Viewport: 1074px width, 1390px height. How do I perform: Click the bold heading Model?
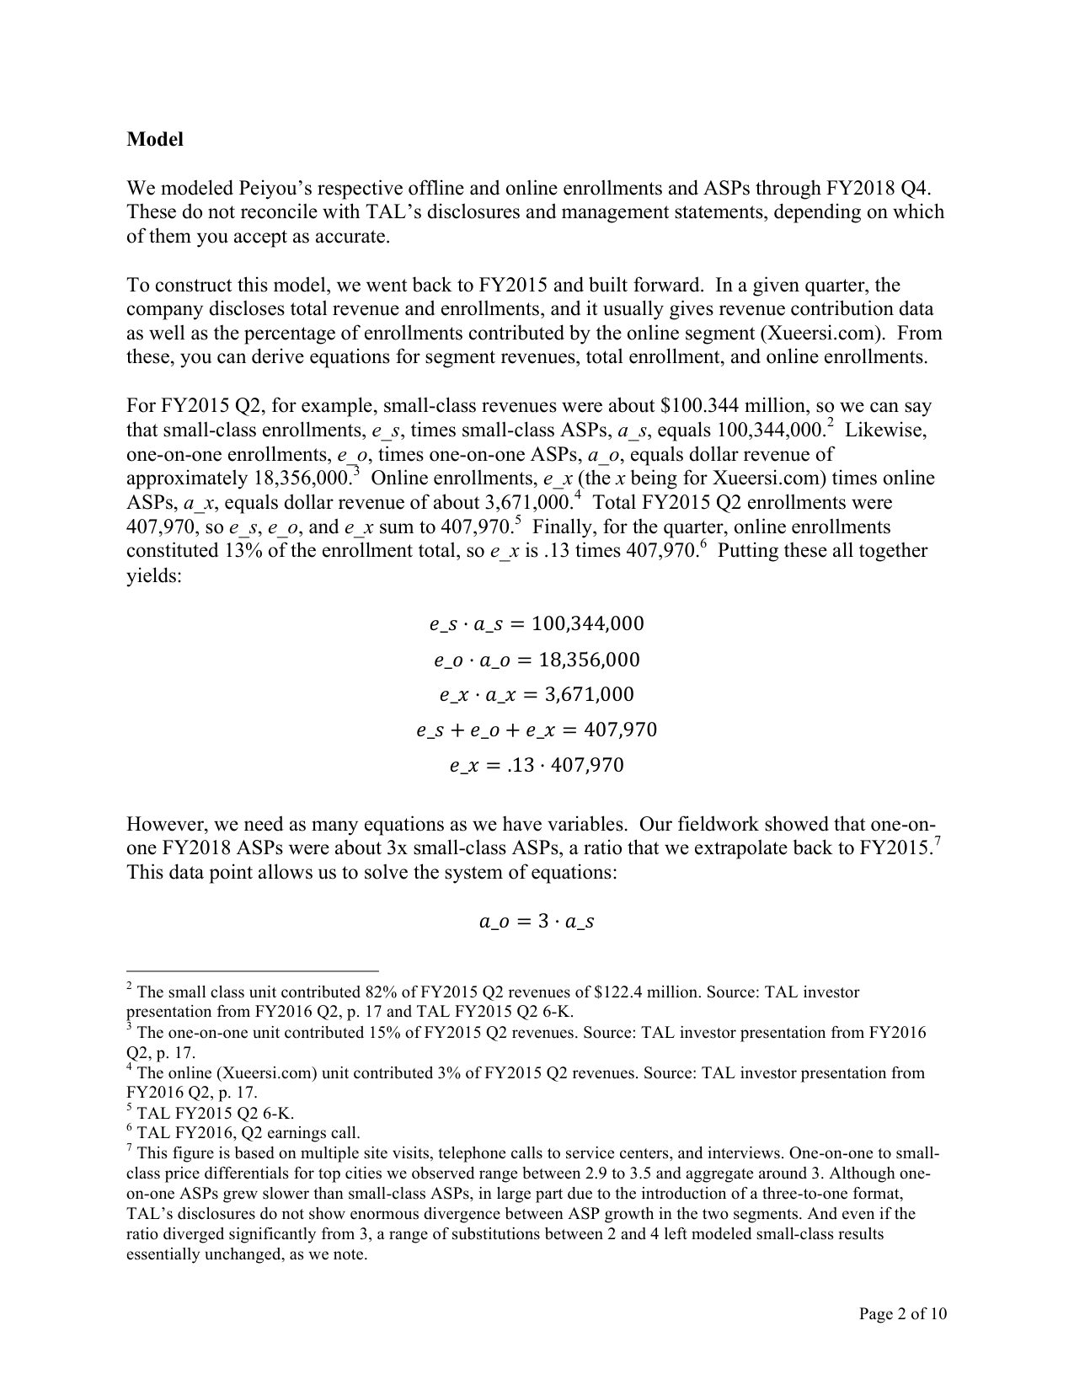(155, 140)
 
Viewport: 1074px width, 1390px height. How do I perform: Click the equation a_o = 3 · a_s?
(537, 922)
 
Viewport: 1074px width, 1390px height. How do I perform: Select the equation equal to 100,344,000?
(537, 624)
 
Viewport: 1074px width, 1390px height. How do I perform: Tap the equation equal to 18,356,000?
(537, 660)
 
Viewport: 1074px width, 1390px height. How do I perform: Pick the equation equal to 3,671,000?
(537, 695)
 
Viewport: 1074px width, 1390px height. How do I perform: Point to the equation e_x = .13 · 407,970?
(537, 766)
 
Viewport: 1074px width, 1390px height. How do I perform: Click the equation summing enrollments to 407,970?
(537, 730)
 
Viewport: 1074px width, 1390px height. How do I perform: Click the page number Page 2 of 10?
(903, 1313)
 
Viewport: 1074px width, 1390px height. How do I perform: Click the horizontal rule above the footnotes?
(253, 970)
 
